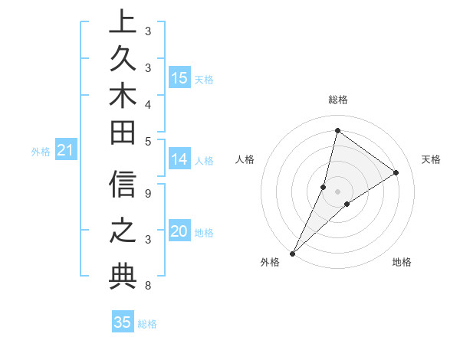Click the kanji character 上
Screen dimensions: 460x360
[x=123, y=22]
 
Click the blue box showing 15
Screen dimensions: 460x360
[x=179, y=78]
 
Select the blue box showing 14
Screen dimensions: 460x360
[x=179, y=159]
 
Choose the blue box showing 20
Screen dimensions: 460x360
[x=179, y=232]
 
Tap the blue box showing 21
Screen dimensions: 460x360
[x=65, y=151]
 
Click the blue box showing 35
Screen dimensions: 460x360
[x=123, y=322]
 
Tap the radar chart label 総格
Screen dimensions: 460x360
[x=337, y=100]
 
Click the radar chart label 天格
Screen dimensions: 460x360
[x=431, y=159]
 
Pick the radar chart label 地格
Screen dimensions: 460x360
[x=402, y=262]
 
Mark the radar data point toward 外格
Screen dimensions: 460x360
[x=292, y=253]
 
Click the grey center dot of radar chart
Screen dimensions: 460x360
[x=337, y=191]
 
